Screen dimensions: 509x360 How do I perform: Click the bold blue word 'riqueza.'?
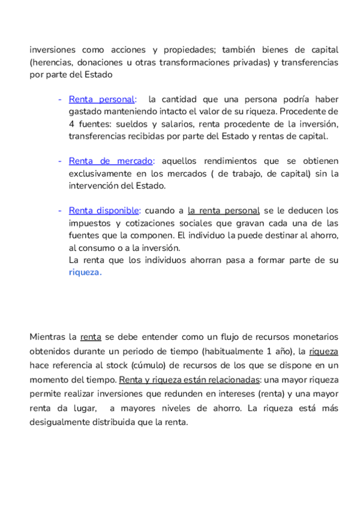tap(85, 273)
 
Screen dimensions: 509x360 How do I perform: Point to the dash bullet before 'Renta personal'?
tap(60, 99)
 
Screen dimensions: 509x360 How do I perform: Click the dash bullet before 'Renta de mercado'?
tap(60, 161)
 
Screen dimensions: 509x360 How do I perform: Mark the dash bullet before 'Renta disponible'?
tap(60, 211)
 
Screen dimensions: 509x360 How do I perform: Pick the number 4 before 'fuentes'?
tap(71, 124)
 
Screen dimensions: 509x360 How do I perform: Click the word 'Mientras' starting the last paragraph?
tap(47, 337)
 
